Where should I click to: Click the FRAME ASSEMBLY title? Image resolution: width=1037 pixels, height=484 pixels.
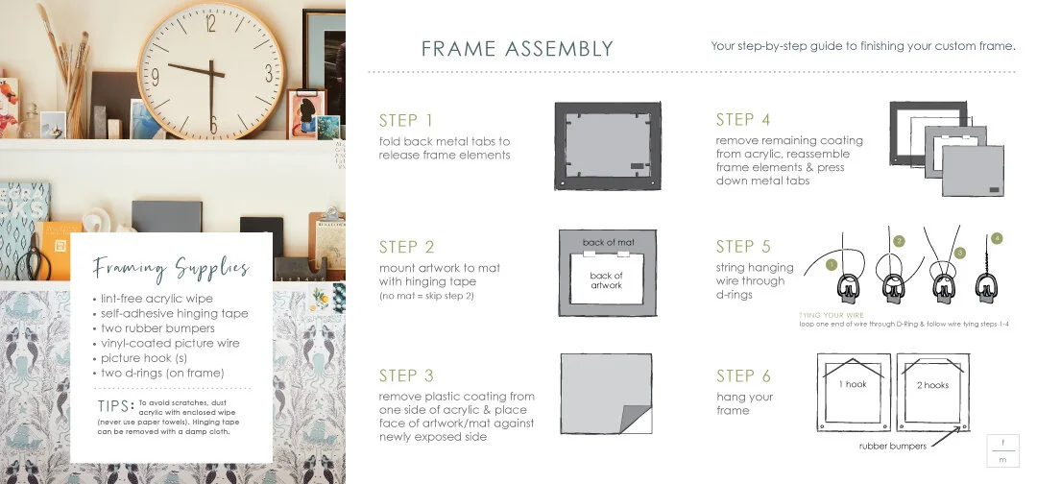click(x=517, y=49)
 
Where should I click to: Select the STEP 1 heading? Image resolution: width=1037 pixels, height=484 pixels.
click(x=405, y=120)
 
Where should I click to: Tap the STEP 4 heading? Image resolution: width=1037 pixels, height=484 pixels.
click(x=742, y=120)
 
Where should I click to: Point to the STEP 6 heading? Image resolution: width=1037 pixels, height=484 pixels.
click(x=742, y=376)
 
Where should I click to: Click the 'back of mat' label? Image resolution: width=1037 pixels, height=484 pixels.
click(x=606, y=242)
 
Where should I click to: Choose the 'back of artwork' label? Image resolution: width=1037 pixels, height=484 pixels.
click(x=606, y=280)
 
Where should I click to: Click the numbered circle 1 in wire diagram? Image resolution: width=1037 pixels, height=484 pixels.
click(x=832, y=262)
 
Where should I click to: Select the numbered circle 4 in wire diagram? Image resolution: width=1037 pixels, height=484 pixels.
click(x=997, y=237)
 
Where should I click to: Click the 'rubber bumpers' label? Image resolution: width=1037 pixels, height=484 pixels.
click(x=892, y=446)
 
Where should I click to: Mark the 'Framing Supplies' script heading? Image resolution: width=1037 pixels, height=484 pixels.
click(x=171, y=268)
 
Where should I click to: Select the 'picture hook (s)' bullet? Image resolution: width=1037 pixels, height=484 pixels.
click(x=144, y=358)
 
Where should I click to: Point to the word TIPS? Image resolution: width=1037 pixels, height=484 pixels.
click(x=115, y=405)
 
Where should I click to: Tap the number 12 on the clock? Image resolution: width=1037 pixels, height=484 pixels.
click(x=210, y=26)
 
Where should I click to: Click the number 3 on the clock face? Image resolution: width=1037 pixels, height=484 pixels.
click(x=268, y=73)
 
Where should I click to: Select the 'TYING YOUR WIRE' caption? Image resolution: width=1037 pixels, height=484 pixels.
click(x=831, y=315)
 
